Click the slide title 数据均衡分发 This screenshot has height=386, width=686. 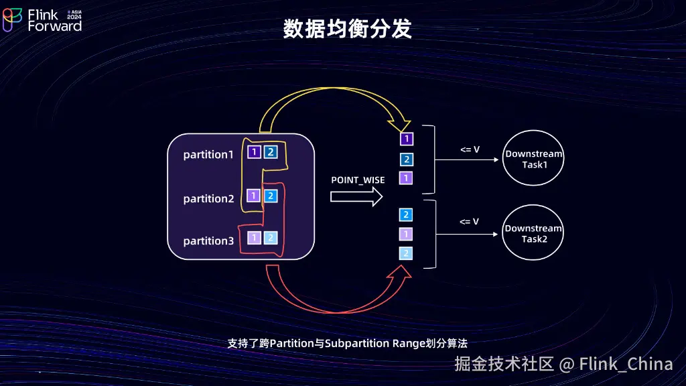pyautogui.click(x=348, y=29)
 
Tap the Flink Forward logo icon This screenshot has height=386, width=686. pyautogui.click(x=12, y=19)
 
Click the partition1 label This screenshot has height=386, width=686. pyautogui.click(x=208, y=155)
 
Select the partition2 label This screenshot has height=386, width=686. pyautogui.click(x=209, y=198)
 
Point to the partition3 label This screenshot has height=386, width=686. pyautogui.click(x=209, y=241)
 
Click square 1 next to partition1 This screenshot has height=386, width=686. pyautogui.click(x=254, y=152)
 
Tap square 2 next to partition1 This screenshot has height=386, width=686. pyautogui.click(x=271, y=152)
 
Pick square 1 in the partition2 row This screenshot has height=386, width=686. pyautogui.click(x=253, y=196)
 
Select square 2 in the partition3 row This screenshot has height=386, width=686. pyautogui.click(x=271, y=238)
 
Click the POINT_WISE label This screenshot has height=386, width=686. pyautogui.click(x=358, y=180)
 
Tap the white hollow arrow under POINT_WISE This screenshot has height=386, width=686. pyautogui.click(x=356, y=196)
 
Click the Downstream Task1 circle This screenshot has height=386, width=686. pyautogui.click(x=533, y=158)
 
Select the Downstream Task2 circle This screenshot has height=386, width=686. pyautogui.click(x=533, y=233)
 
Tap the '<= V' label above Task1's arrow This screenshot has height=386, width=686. pyautogui.click(x=470, y=149)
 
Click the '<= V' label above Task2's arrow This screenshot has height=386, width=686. pyautogui.click(x=469, y=222)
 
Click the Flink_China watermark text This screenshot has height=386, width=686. pyautogui.click(x=626, y=364)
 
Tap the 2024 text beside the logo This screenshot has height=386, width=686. pyautogui.click(x=74, y=17)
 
